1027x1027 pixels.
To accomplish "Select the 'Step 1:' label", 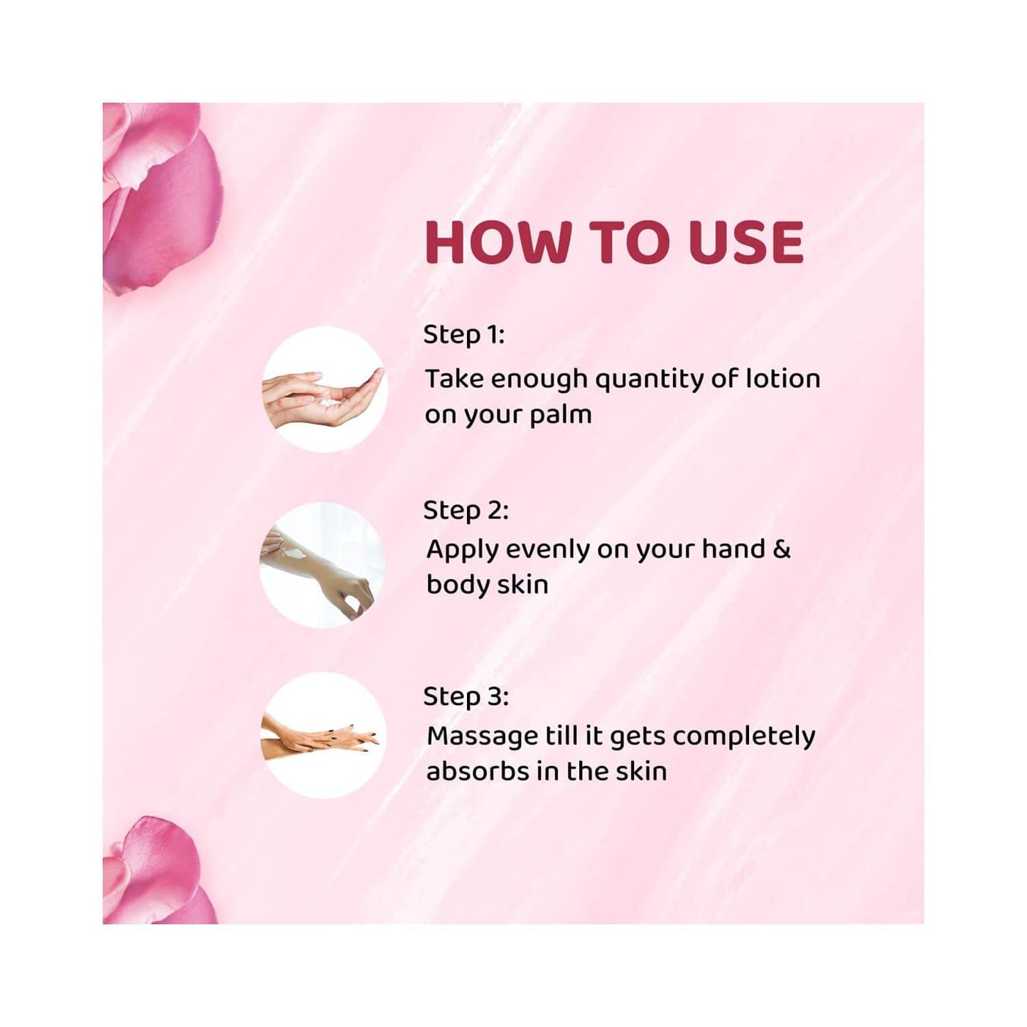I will (463, 334).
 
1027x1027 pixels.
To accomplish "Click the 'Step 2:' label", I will (466, 510).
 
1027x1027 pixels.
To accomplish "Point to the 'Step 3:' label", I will (466, 696).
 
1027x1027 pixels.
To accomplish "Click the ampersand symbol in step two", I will (781, 549).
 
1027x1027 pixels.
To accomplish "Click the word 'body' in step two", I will (457, 585).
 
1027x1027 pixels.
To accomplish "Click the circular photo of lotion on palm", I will (324, 389).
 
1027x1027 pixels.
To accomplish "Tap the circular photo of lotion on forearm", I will (322, 565).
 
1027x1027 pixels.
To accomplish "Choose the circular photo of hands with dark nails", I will (324, 736).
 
